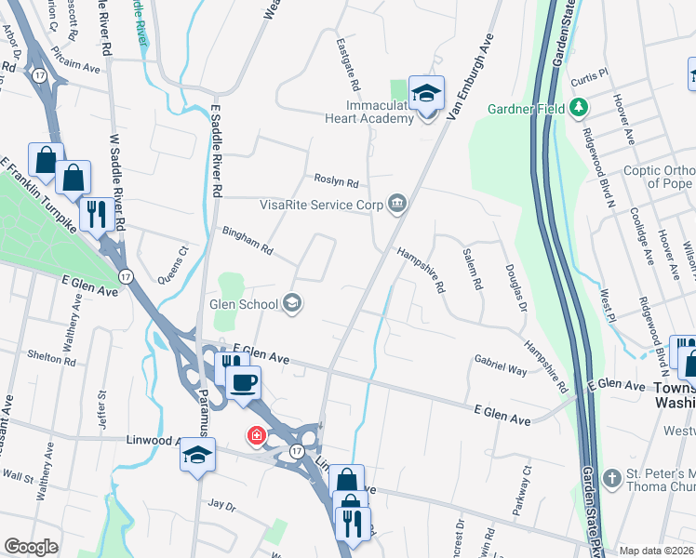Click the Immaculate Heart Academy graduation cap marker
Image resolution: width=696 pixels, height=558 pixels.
[427, 93]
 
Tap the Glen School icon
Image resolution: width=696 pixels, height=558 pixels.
[292, 303]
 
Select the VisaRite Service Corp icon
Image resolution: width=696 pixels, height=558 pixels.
[397, 204]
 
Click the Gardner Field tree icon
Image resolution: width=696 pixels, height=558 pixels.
[579, 109]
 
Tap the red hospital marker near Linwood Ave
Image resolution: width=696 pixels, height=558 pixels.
[254, 435]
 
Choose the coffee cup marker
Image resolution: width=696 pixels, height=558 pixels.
[243, 382]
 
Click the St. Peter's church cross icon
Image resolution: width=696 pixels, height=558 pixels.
[611, 480]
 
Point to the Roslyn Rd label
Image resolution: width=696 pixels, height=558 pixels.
[336, 182]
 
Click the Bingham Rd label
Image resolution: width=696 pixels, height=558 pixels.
[247, 241]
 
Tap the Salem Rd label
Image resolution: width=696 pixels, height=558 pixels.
[472, 268]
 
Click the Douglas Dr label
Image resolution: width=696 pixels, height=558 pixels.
[515, 286]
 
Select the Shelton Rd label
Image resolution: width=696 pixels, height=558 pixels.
[52, 356]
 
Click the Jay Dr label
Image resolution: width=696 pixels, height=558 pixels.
[222, 504]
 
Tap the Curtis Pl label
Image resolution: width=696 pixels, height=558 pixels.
[590, 73]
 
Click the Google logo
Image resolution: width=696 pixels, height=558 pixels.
[32, 547]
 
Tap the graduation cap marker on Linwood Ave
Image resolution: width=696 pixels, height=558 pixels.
[197, 456]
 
